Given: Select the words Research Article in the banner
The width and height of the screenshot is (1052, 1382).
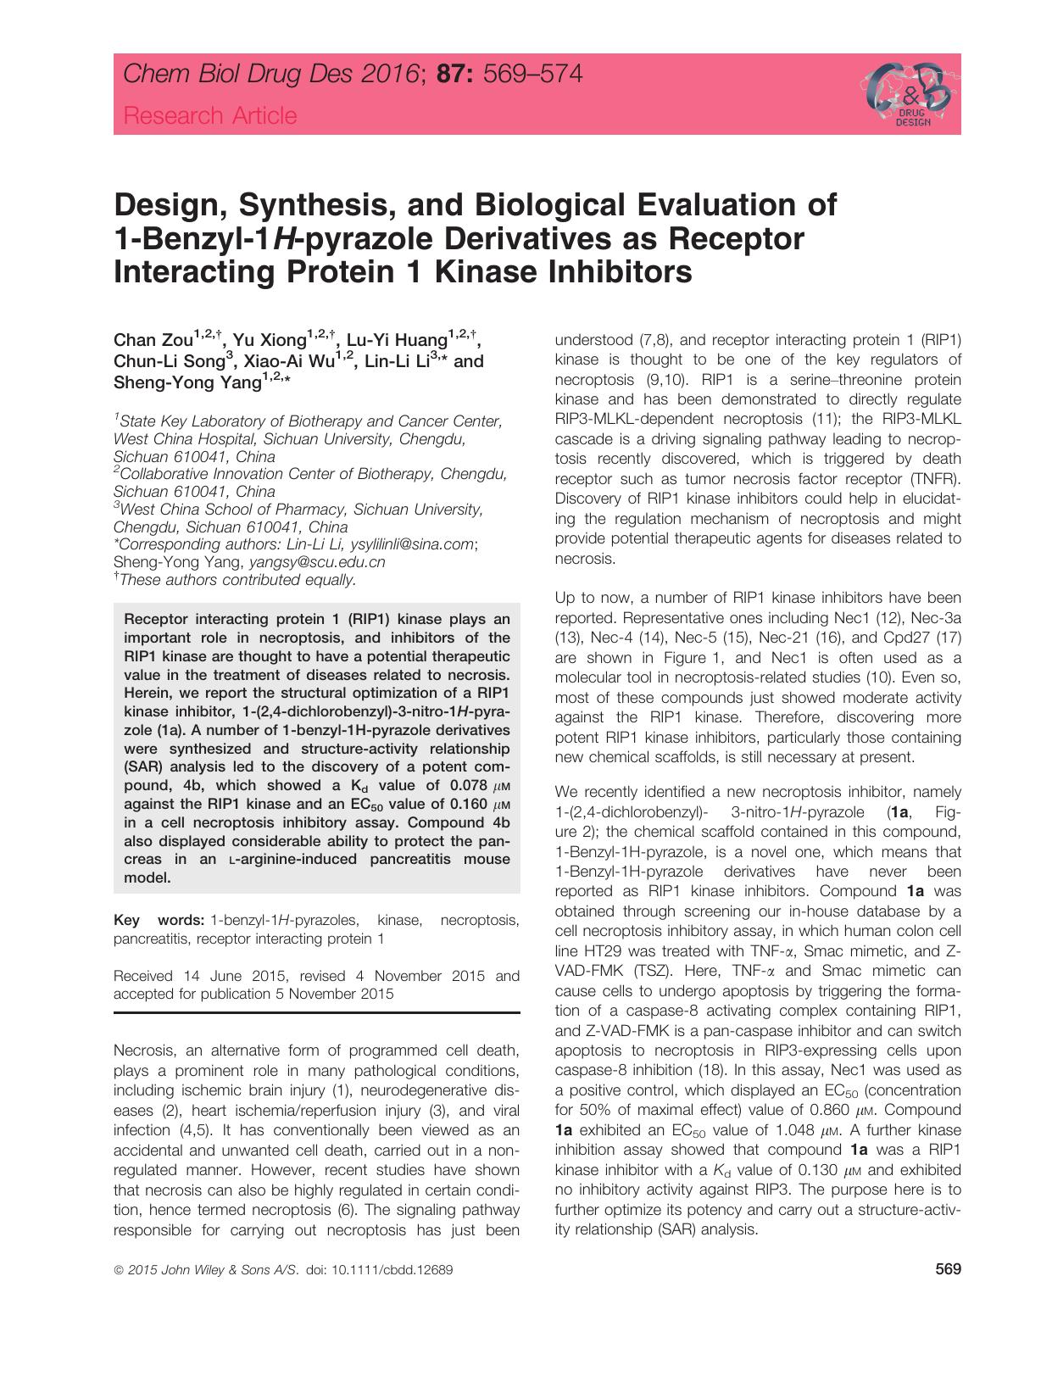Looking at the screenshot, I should coord(210,115).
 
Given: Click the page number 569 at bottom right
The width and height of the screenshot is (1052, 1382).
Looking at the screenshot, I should coord(947,1269).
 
